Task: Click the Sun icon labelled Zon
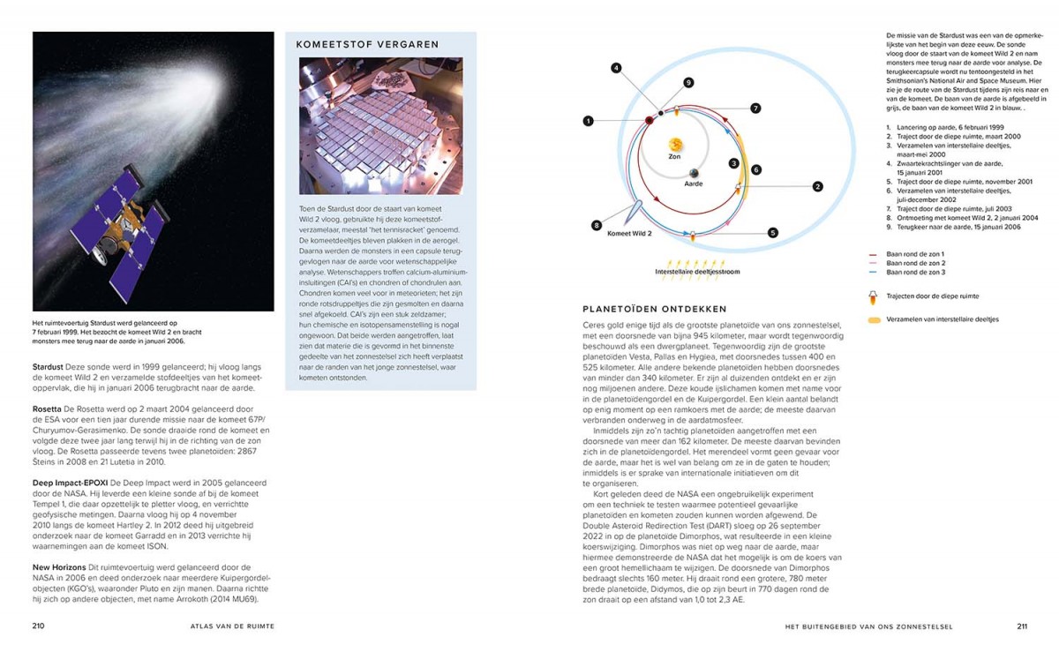(x=675, y=144)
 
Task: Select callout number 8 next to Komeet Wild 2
(x=597, y=225)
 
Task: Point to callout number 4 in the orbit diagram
(x=616, y=67)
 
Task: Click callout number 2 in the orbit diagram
(x=817, y=186)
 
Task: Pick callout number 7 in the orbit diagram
(x=755, y=108)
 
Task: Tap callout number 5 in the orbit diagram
(x=772, y=233)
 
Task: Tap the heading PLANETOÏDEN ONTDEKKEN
(x=654, y=309)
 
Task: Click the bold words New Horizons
(x=59, y=566)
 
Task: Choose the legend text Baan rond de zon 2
(x=915, y=263)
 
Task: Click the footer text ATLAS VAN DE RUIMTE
(x=232, y=626)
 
